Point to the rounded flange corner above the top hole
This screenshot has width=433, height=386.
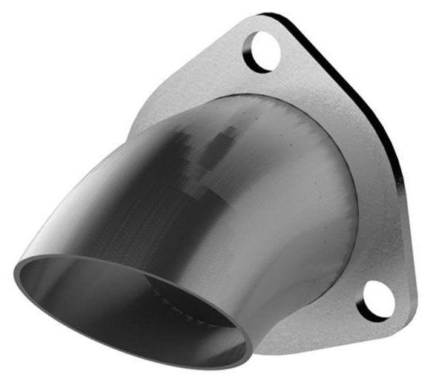(271, 18)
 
